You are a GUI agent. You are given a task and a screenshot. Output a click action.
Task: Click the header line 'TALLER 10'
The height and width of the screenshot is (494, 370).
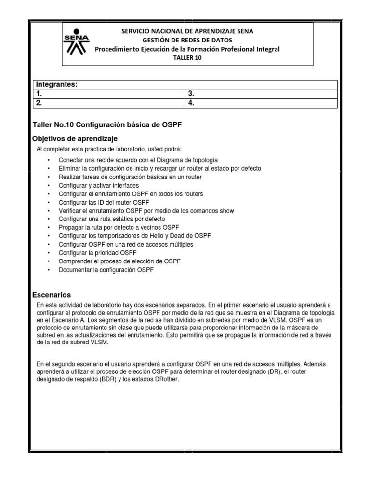(x=187, y=57)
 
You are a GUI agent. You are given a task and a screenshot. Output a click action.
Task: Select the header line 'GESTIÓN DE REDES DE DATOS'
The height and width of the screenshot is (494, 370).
(x=187, y=40)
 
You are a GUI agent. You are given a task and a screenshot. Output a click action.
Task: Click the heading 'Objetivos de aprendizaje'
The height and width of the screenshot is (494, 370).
(x=74, y=138)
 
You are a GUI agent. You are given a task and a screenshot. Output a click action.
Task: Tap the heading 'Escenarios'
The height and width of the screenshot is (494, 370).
(x=52, y=294)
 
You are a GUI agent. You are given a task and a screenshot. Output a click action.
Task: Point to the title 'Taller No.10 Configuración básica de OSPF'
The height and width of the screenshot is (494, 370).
(x=107, y=124)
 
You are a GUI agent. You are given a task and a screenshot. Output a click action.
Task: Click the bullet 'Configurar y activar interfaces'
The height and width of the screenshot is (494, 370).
(x=98, y=185)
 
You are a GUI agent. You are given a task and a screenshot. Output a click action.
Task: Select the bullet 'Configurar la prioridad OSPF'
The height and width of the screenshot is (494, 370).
(x=97, y=252)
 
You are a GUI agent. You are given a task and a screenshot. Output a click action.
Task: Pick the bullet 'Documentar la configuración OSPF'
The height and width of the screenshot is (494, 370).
(x=106, y=270)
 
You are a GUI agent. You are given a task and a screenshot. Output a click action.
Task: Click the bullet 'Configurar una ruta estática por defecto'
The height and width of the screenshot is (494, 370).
(x=111, y=219)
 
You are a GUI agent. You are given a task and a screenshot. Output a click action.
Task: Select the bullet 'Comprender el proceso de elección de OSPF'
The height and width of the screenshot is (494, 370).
(x=119, y=261)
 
